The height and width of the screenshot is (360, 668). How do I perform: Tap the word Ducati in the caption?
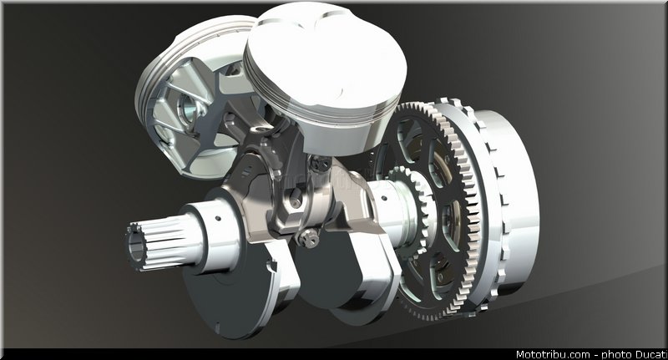click(651, 354)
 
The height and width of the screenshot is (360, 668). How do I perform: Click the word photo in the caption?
click(616, 355)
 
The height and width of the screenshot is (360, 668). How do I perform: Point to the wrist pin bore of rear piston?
click(188, 108)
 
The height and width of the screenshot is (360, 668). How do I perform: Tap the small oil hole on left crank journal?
click(218, 218)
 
